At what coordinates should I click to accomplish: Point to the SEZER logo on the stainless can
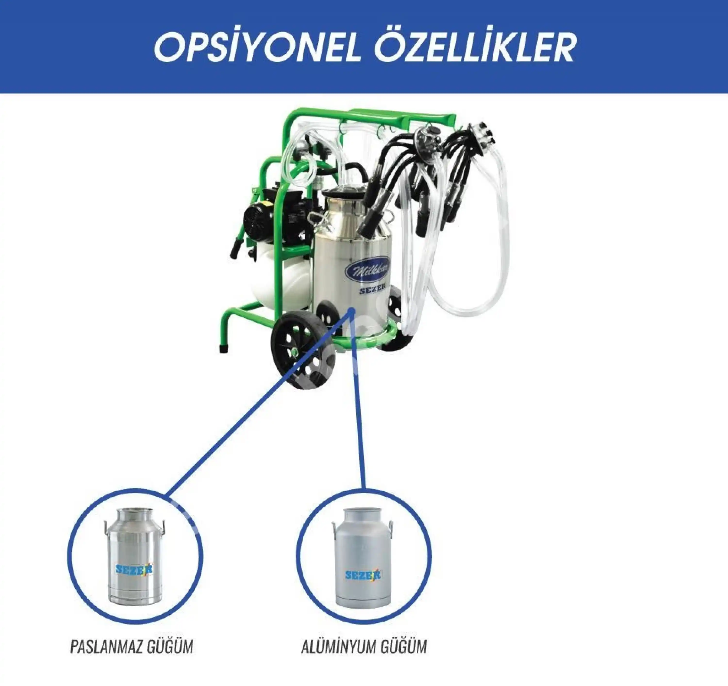(x=134, y=569)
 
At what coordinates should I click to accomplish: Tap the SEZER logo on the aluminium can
(x=363, y=575)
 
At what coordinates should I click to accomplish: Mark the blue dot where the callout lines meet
(x=352, y=310)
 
